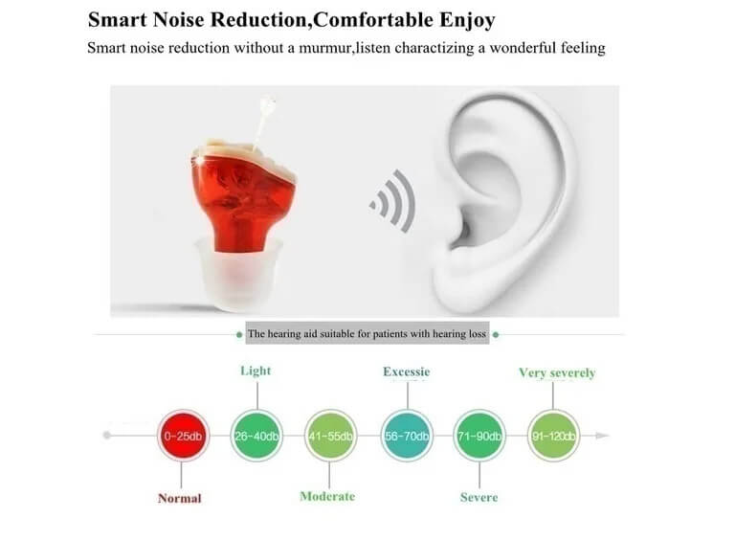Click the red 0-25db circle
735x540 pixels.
click(x=183, y=436)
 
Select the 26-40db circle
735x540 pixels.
click(x=256, y=436)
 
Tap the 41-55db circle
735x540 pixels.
click(x=330, y=436)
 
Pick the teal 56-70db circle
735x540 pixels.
click(x=407, y=436)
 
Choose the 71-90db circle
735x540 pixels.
click(x=479, y=436)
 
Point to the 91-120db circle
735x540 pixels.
click(x=553, y=436)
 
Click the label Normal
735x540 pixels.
click(x=180, y=498)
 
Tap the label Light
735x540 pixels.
click(x=256, y=371)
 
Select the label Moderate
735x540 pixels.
click(x=327, y=496)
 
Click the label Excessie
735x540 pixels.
click(x=407, y=371)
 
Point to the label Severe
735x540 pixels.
click(x=479, y=497)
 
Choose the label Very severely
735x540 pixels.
click(x=557, y=373)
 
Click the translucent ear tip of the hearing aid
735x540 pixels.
click(x=239, y=273)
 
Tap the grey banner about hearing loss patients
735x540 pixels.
click(x=367, y=333)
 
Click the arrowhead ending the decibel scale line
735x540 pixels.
click(x=602, y=436)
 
